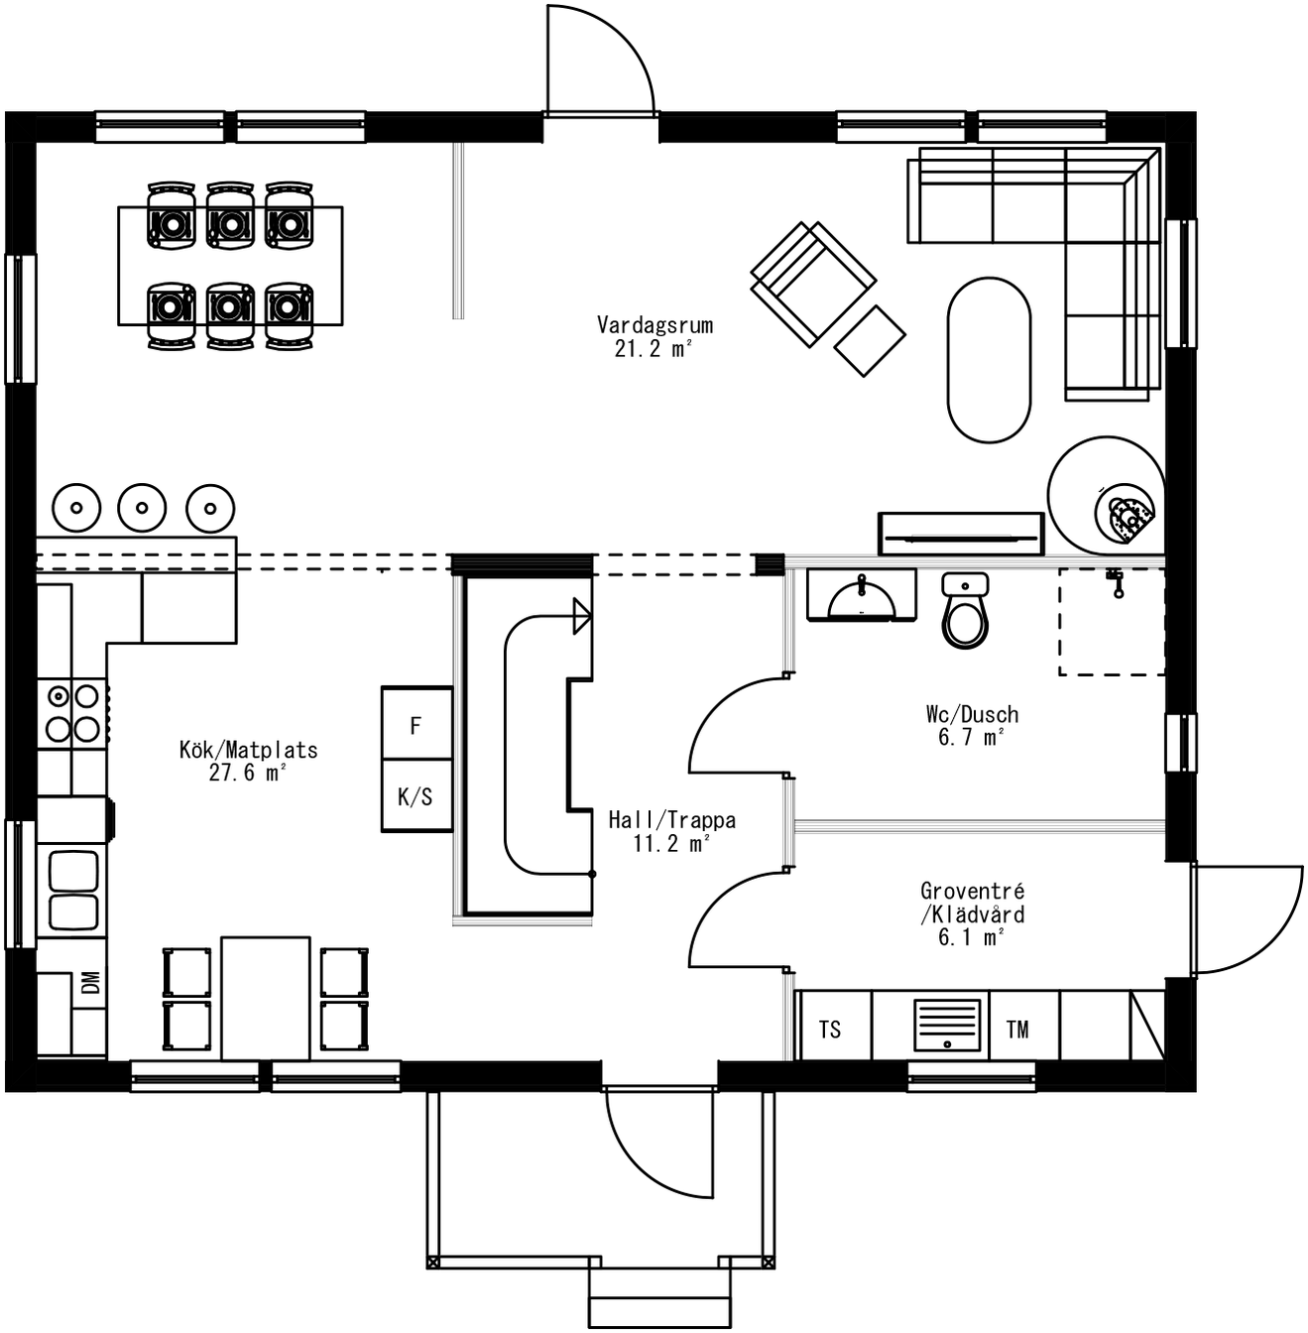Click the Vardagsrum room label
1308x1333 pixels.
pyautogui.click(x=654, y=336)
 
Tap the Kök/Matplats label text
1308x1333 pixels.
pyautogui.click(x=248, y=761)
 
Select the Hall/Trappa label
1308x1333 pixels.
pyautogui.click(x=671, y=831)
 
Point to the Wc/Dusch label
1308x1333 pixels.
pyautogui.click(x=972, y=725)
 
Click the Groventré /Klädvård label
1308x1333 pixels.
pyautogui.click(x=972, y=913)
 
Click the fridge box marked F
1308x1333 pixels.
pyautogui.click(x=416, y=725)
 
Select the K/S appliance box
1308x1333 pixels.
pyautogui.click(x=416, y=796)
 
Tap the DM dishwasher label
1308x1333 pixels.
pyautogui.click(x=90, y=982)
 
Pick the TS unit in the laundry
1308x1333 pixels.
pyautogui.click(x=831, y=1030)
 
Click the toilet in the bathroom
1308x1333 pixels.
pyautogui.click(x=965, y=611)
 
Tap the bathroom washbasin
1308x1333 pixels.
pyautogui.click(x=861, y=598)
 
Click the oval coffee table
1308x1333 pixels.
pyautogui.click(x=989, y=359)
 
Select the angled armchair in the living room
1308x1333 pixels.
pyautogui.click(x=812, y=282)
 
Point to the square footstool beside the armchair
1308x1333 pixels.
pyautogui.click(x=870, y=340)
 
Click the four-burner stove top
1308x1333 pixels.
pyautogui.click(x=72, y=713)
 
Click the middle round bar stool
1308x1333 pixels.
pyautogui.click(x=142, y=508)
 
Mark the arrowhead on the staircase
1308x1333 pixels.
pyautogui.click(x=582, y=616)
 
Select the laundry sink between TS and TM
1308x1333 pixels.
pyautogui.click(x=948, y=1026)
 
